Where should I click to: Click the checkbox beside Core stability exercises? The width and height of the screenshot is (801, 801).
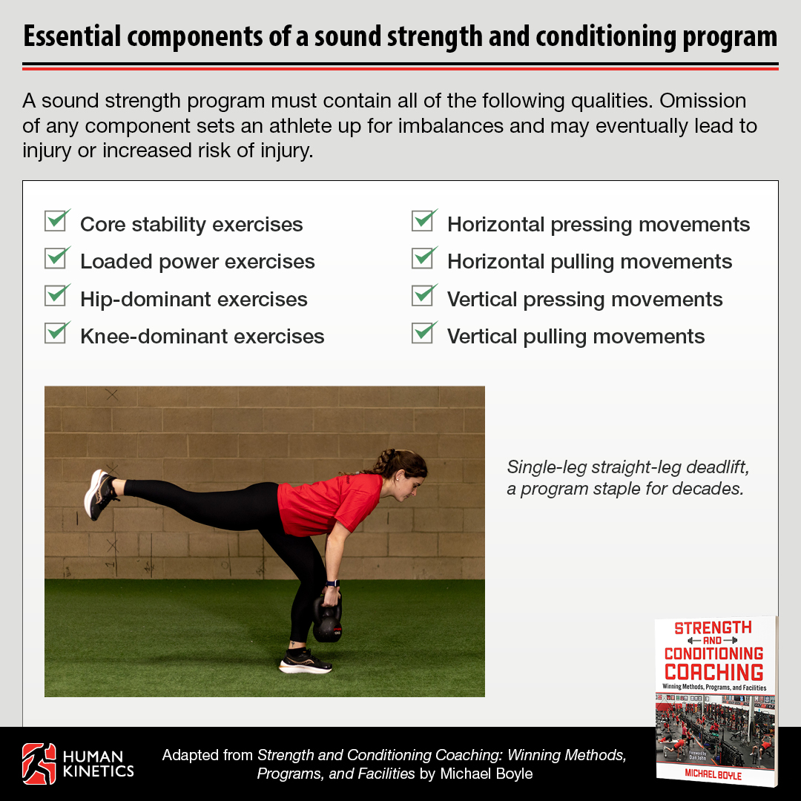(x=56, y=222)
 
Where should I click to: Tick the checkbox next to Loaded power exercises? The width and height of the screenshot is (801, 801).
(x=56, y=260)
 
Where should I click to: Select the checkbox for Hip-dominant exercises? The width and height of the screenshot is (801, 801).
(x=56, y=297)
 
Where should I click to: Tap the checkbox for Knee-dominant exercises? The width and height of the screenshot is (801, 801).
(x=56, y=334)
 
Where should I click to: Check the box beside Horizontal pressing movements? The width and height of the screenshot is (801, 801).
(x=423, y=222)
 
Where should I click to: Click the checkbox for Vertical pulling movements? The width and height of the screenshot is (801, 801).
(x=423, y=334)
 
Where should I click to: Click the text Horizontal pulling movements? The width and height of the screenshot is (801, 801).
(x=589, y=262)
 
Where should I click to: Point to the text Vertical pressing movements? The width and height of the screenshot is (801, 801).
(x=584, y=299)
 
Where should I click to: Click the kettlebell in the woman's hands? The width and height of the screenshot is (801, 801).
(x=327, y=620)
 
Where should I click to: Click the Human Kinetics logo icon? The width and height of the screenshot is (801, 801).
(x=39, y=763)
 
